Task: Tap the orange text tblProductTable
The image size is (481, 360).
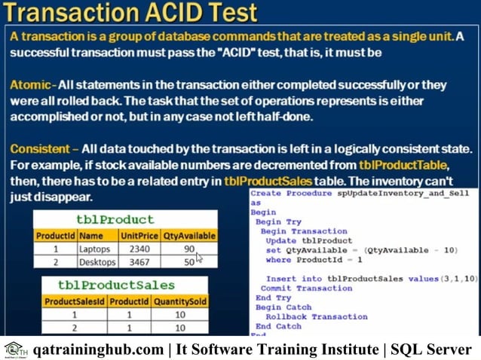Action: [403, 166]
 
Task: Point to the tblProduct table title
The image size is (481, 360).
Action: [125, 220]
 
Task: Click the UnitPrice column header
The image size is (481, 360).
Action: [139, 235]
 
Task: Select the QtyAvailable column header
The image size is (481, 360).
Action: [190, 235]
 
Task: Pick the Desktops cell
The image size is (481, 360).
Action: [97, 262]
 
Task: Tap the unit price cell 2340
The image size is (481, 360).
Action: [139, 249]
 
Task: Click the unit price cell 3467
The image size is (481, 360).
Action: [139, 262]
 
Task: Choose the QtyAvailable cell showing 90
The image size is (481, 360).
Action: [188, 249]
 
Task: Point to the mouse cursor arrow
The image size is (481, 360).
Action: [199, 258]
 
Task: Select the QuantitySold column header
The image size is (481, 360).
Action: [179, 301]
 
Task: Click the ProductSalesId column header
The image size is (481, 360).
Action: [74, 301]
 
